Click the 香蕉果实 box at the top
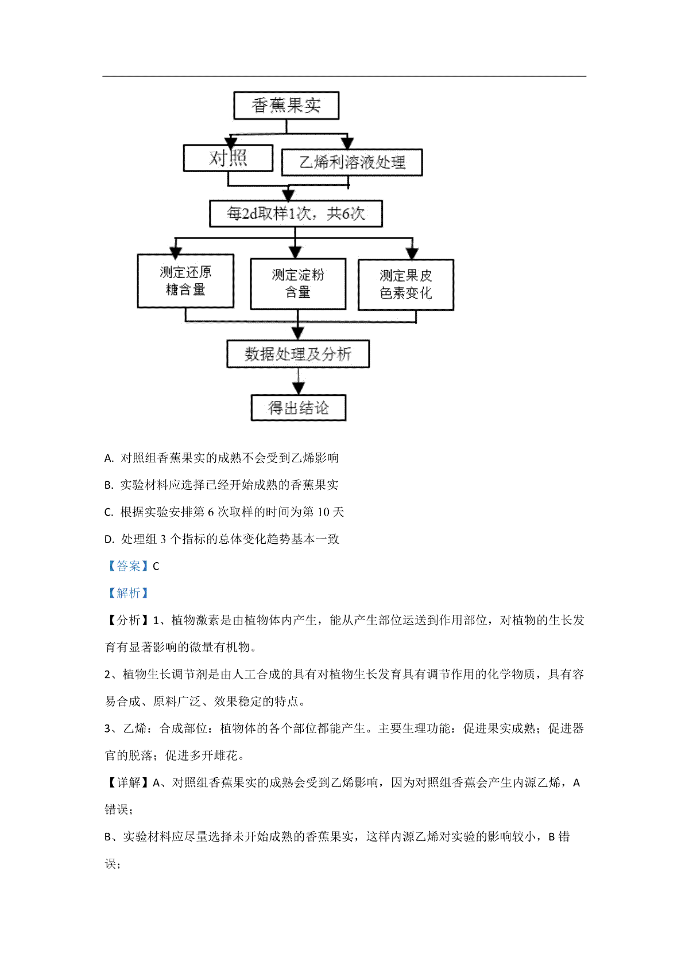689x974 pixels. (x=286, y=105)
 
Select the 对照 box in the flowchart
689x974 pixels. (x=228, y=158)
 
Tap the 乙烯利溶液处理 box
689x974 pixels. (x=352, y=162)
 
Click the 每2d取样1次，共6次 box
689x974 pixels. (x=296, y=213)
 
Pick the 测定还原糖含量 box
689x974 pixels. (x=185, y=281)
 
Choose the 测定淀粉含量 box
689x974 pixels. (x=298, y=284)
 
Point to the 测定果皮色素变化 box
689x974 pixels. (x=406, y=285)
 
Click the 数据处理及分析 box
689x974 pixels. (x=298, y=354)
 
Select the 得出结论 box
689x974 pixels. (x=299, y=408)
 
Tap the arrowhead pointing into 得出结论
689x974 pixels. (x=298, y=388)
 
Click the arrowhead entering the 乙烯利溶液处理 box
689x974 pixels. (x=347, y=143)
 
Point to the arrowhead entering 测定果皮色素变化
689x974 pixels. (x=412, y=254)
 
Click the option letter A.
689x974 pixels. (x=109, y=458)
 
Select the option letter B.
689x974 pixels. (x=109, y=485)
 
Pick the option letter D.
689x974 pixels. (x=109, y=539)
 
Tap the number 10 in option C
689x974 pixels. (x=323, y=512)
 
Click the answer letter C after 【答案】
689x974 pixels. (x=156, y=566)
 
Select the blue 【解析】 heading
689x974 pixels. (x=128, y=593)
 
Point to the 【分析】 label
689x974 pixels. (x=128, y=620)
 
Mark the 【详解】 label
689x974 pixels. (x=128, y=782)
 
